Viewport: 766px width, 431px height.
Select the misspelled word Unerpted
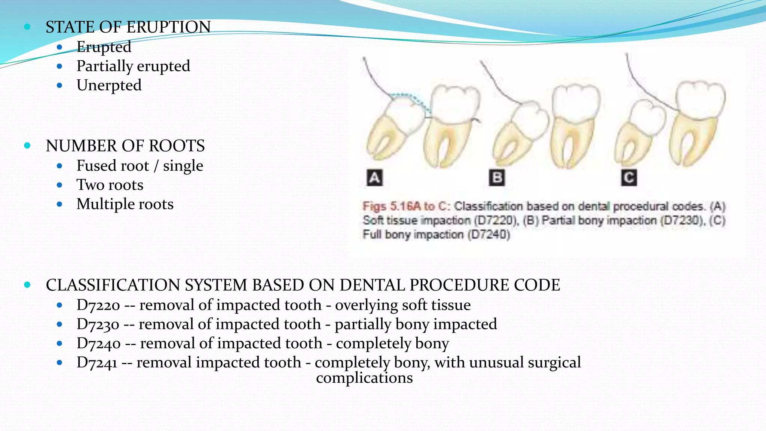(109, 85)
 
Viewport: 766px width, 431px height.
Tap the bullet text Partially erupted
(133, 66)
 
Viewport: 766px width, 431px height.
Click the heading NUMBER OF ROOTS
(125, 146)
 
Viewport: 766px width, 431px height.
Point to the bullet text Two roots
(110, 185)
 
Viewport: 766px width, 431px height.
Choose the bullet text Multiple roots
(125, 204)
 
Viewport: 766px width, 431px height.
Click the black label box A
(374, 178)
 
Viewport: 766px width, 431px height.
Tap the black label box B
(497, 178)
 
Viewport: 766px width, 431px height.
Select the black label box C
(629, 178)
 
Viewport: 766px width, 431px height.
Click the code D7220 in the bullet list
(98, 305)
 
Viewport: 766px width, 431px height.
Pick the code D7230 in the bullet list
(98, 324)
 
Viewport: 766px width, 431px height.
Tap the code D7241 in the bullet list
(97, 363)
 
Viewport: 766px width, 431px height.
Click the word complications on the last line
(364, 378)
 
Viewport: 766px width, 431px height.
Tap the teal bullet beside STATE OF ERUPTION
(27, 27)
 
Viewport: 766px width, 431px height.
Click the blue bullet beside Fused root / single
(59, 166)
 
